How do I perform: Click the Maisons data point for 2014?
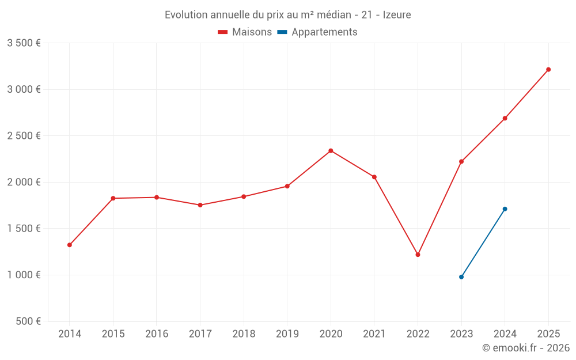click(70, 245)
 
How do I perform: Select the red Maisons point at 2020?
click(331, 151)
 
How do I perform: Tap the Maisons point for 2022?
click(418, 255)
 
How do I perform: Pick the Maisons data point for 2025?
click(548, 70)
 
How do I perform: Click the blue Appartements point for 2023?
click(461, 277)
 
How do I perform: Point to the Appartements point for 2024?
click(505, 209)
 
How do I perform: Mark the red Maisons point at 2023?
click(461, 162)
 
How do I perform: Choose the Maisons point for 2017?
click(200, 205)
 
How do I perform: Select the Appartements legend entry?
click(324, 32)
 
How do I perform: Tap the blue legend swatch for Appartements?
click(282, 32)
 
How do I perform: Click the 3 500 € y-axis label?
click(24, 43)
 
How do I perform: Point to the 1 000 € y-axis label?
click(24, 275)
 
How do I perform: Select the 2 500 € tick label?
click(24, 136)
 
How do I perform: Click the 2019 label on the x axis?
click(287, 334)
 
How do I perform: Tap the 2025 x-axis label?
click(548, 334)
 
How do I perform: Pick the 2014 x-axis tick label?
click(70, 334)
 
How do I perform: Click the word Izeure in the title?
click(397, 15)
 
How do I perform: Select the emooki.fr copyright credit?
click(525, 348)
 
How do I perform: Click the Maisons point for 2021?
click(374, 177)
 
